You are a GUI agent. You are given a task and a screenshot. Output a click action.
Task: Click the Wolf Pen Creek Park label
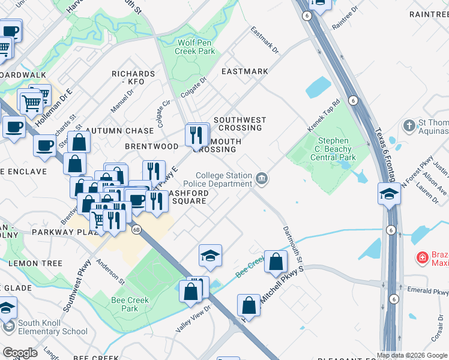[x=194, y=47]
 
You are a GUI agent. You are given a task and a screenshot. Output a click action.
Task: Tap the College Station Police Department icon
[x=262, y=178]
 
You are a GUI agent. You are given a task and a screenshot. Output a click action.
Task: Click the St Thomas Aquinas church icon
[x=409, y=126]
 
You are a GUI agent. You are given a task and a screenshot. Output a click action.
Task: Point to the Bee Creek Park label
[x=124, y=304]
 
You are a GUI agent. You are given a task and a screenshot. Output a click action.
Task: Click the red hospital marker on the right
[x=423, y=258]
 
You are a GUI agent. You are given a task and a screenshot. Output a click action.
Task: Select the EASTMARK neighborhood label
[x=244, y=71]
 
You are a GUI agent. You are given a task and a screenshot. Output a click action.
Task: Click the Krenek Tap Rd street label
[x=324, y=116]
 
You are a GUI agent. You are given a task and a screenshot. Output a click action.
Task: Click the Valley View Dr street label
[x=193, y=319]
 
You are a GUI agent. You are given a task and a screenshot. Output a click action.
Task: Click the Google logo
[x=20, y=352]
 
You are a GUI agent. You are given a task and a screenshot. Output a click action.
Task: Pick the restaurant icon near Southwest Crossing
[x=197, y=135]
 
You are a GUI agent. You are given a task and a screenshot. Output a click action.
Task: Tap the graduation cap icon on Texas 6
[x=389, y=194]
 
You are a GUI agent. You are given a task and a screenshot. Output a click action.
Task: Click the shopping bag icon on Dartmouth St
[x=275, y=262]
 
